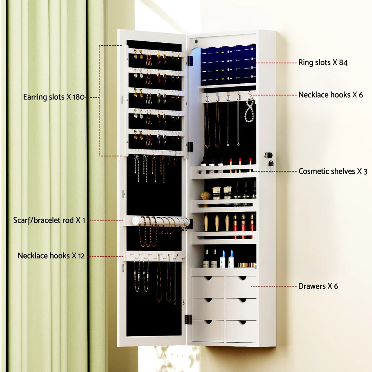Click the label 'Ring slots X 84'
pyautogui.click(x=323, y=62)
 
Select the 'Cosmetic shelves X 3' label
pyautogui.click(x=333, y=171)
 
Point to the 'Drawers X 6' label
pyautogui.click(x=318, y=286)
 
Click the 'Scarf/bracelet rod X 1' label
pyautogui.click(x=49, y=220)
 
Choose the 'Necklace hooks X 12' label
pyautogui.click(x=51, y=256)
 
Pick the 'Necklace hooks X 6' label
pyautogui.click(x=330, y=95)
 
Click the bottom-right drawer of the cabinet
pyautogui.click(x=241, y=331)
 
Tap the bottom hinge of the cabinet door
pyautogui.click(x=188, y=319)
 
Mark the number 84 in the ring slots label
pyautogui.click(x=343, y=62)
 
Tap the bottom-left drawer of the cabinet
pyautogui.click(x=208, y=331)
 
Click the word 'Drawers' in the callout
pyautogui.click(x=311, y=286)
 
